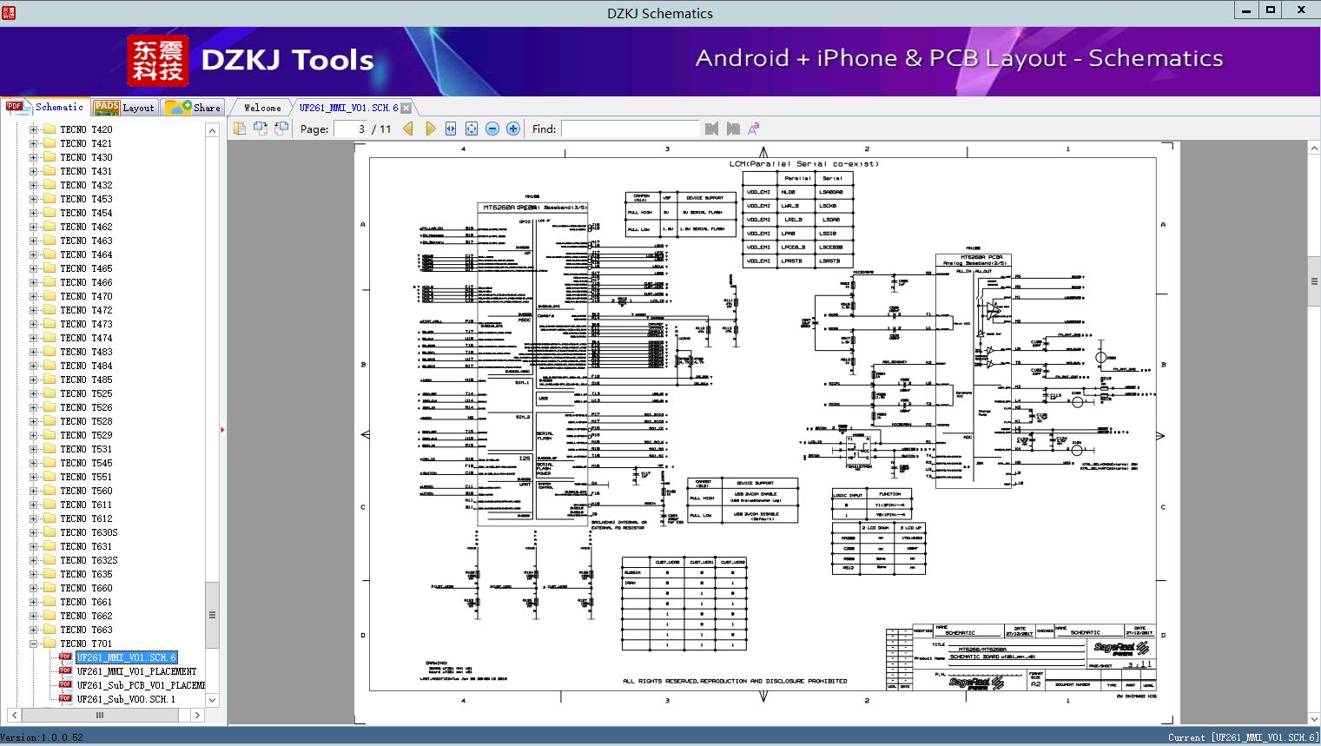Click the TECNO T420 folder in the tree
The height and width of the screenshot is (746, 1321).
click(86, 129)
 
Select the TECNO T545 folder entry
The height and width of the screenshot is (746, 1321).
click(86, 463)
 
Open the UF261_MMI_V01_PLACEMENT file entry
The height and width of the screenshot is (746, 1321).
click(136, 671)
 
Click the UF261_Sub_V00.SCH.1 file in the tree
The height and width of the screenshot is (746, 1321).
click(126, 699)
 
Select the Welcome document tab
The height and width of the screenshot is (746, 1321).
click(261, 108)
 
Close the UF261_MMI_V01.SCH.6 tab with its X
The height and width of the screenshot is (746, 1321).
click(406, 108)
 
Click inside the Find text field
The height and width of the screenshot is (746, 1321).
click(630, 129)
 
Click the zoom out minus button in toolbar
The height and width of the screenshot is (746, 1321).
click(492, 129)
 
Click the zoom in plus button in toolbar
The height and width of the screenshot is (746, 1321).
click(513, 129)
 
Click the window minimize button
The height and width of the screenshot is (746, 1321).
click(1246, 10)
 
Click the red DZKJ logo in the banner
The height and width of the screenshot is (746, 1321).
click(157, 61)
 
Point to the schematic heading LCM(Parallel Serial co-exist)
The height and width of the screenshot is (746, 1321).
click(803, 163)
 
